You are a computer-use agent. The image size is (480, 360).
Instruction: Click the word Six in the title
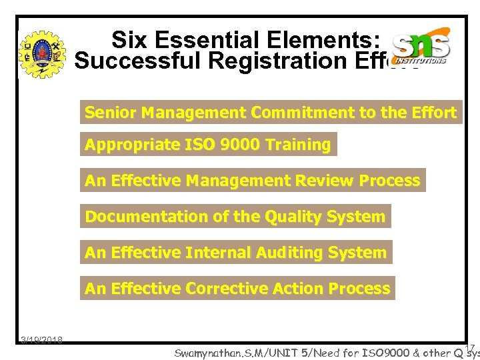[x=129, y=40]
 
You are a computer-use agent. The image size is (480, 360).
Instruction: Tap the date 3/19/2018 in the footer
[x=41, y=340]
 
